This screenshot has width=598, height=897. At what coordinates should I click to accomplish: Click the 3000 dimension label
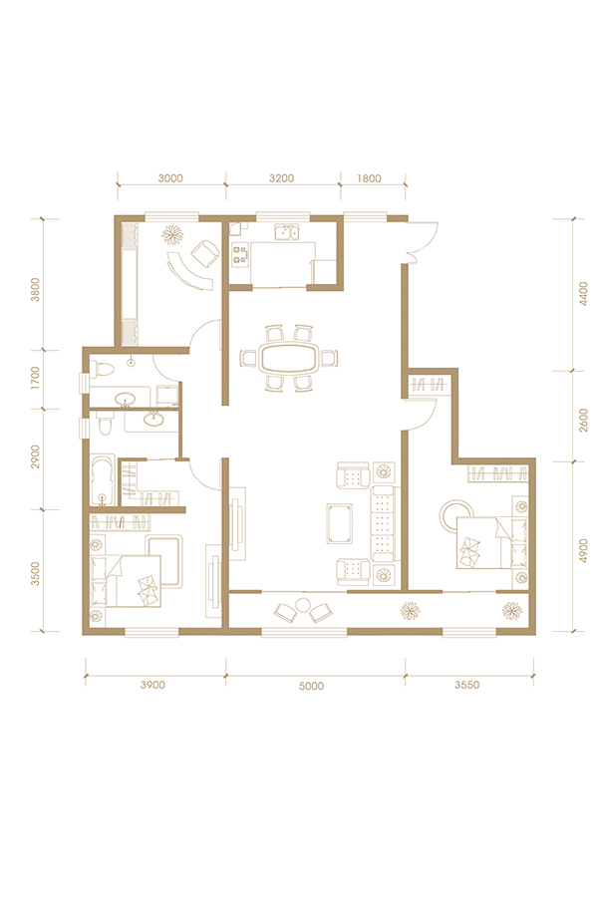[x=170, y=178]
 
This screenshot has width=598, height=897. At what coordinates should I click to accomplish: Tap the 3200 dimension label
[x=281, y=178]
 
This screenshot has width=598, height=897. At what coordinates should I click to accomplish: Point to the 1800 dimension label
[x=369, y=178]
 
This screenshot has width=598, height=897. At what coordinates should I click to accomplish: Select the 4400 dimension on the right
[x=583, y=294]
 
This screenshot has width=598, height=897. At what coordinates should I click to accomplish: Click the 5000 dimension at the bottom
[x=311, y=686]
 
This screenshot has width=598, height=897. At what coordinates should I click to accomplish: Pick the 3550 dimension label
[x=467, y=685]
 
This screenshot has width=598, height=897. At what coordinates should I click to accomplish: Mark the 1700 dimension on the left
[x=36, y=379]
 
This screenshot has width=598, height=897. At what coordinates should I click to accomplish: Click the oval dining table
[x=288, y=359]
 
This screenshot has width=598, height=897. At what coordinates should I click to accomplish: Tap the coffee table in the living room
[x=339, y=523]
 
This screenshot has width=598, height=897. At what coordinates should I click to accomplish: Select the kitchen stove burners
[x=240, y=254]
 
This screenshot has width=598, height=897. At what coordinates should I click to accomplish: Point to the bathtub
[x=103, y=480]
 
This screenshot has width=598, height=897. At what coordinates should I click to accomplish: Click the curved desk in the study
[x=187, y=272]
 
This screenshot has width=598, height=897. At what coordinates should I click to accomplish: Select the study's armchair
[x=205, y=253]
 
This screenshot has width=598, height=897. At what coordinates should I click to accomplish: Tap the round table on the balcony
[x=303, y=605]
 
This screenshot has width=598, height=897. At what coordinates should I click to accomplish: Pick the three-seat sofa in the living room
[x=384, y=523]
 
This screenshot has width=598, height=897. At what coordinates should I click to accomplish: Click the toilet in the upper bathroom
[x=103, y=369]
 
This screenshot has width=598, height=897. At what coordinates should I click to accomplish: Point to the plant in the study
[x=172, y=234]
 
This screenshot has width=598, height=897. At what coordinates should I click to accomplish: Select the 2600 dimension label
[x=583, y=420]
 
